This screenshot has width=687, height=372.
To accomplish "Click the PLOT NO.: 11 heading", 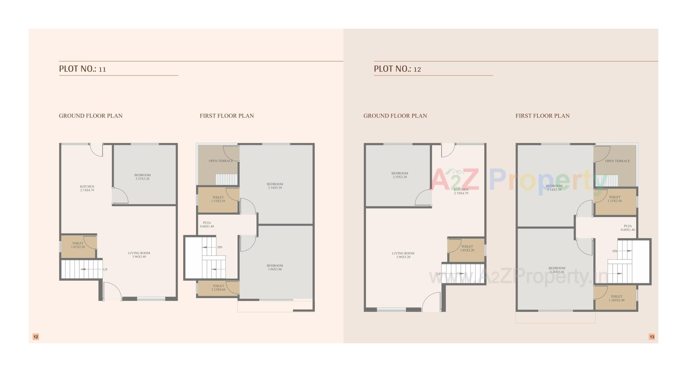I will [83, 69].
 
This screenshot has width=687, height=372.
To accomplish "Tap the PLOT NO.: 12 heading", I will [398, 69].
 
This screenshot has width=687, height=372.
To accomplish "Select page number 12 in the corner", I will [36, 337].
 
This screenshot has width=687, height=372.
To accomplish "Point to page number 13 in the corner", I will [652, 337].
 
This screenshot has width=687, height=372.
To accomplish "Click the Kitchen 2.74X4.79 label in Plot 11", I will [87, 188].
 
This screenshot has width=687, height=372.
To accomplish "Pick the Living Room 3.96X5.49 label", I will [139, 255].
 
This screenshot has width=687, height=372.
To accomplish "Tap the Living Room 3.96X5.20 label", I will [403, 255].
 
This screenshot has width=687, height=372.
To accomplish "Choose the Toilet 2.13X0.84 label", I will [218, 288].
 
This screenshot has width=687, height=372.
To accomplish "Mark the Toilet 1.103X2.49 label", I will [616, 298].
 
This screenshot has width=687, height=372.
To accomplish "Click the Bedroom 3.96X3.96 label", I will [274, 267].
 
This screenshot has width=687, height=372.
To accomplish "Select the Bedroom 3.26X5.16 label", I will [557, 270].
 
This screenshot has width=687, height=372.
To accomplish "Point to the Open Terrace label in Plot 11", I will [220, 161].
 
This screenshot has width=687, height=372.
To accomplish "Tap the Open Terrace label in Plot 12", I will [617, 161].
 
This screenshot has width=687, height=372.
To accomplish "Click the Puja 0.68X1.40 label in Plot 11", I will [207, 224].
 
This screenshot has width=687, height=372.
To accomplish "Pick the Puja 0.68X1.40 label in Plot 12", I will [628, 227].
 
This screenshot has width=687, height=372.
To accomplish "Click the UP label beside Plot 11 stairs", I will [105, 270].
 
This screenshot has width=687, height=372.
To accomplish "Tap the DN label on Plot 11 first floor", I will [220, 247].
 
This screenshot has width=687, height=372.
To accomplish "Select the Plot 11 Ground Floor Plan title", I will [91, 116].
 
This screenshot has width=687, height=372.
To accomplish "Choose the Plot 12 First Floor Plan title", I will [542, 116].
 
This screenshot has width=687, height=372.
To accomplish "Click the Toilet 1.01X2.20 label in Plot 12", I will [467, 248].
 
